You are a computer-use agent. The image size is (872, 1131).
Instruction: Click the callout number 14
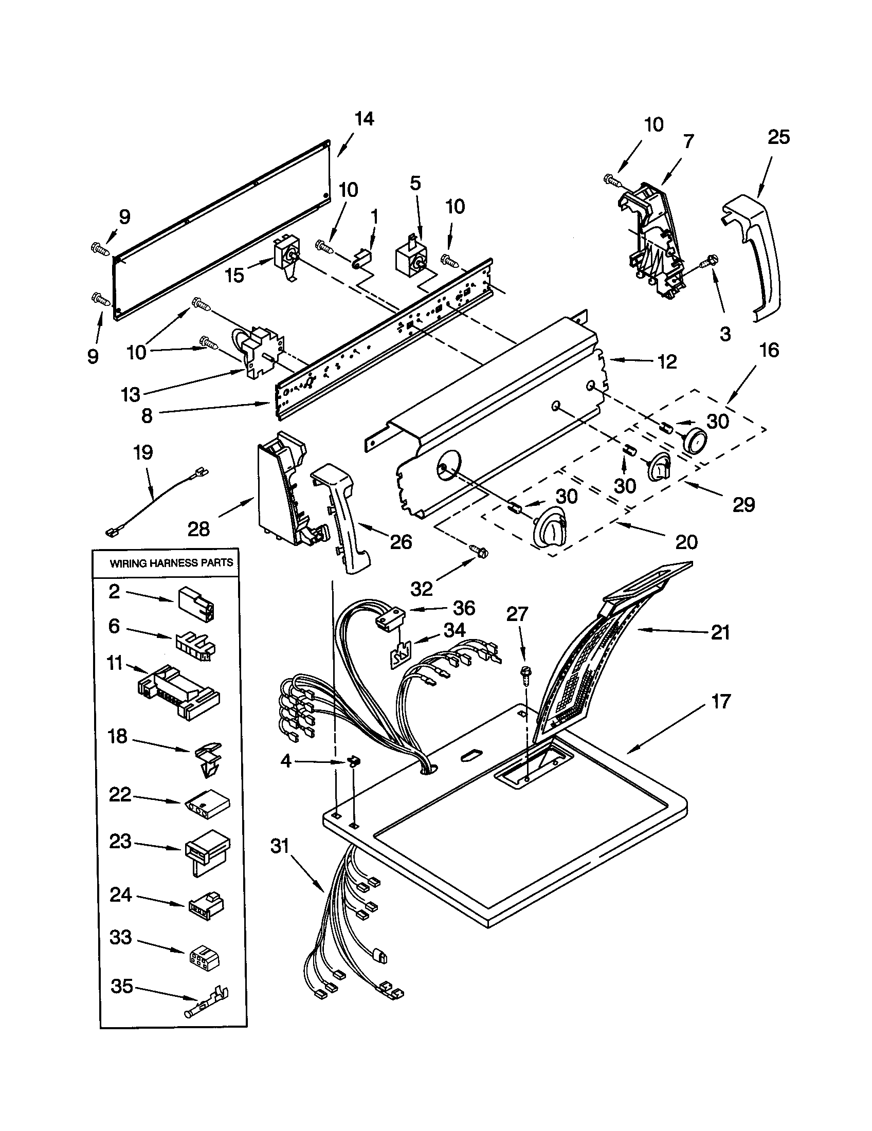point(364,119)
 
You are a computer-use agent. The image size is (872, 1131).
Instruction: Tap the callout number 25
point(778,137)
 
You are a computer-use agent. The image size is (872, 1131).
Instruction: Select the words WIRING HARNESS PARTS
point(171,563)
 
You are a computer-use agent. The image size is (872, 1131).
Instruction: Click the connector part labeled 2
point(197,604)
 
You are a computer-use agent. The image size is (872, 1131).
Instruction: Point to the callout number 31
point(280,847)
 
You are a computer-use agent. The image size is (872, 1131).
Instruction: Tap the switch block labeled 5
point(409,258)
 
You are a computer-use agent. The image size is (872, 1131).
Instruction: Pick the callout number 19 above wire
point(143,453)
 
